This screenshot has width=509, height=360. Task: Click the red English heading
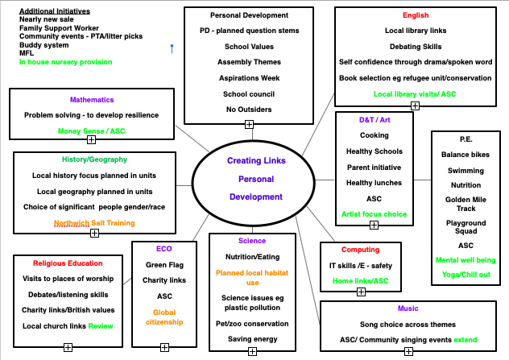coord(416,15)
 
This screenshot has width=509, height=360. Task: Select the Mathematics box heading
coord(92,100)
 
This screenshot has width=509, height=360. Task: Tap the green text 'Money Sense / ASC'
coord(92,130)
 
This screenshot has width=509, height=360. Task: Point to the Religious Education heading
coord(68,263)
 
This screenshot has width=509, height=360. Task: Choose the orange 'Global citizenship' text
coord(164,318)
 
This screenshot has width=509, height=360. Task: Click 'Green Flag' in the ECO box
coord(164,264)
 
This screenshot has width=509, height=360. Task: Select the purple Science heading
coord(252,241)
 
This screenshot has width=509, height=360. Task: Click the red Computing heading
coord(360,250)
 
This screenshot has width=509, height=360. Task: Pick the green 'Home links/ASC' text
coord(360,280)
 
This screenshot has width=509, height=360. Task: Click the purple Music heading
coord(408,308)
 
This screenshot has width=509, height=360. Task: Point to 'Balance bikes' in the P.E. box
coord(466,154)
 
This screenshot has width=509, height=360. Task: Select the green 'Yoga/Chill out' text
coord(466,275)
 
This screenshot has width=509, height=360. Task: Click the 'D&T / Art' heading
coord(374,120)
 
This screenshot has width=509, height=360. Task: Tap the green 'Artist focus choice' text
coord(374,214)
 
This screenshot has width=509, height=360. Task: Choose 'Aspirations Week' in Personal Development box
coord(248,77)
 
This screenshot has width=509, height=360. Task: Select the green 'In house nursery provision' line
coord(66,61)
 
